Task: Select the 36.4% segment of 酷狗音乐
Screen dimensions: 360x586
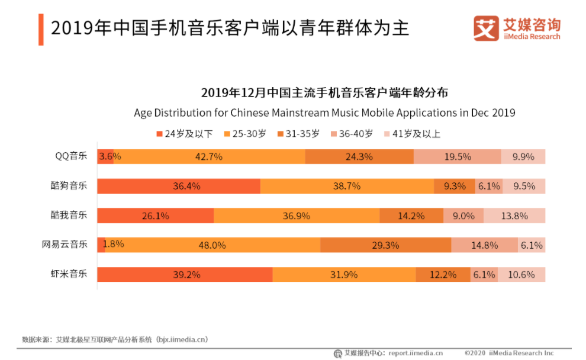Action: (x=179, y=186)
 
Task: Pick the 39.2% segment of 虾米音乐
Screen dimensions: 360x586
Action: (x=185, y=275)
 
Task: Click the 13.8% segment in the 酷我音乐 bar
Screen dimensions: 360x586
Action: (x=514, y=216)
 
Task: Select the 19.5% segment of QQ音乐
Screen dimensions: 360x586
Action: (x=457, y=157)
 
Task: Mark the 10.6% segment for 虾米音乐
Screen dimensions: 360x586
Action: (x=521, y=275)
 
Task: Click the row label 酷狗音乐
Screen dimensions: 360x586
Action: (x=69, y=185)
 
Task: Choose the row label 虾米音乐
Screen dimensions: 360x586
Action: (x=69, y=274)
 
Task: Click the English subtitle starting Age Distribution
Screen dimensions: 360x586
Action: (x=324, y=112)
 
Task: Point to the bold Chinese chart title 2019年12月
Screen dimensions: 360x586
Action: (x=324, y=93)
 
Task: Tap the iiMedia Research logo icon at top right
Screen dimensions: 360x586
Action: (x=486, y=28)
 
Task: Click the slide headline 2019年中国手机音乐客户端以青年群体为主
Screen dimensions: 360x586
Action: (x=230, y=28)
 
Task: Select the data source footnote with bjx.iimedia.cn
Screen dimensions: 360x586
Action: (x=115, y=339)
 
